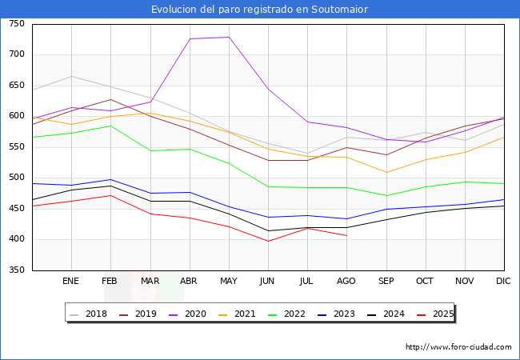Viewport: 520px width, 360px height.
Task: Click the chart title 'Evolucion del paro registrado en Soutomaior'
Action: [260, 10]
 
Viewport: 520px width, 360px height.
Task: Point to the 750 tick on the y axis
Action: [16, 24]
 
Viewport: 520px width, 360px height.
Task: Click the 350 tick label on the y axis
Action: [16, 270]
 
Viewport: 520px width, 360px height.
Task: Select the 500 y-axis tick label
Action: [16, 178]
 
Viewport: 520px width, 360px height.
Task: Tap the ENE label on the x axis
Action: [71, 282]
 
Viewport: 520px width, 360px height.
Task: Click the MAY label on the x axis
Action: [229, 282]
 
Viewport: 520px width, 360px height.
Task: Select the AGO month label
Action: [346, 282]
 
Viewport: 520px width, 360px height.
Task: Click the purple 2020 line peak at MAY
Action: [229, 37]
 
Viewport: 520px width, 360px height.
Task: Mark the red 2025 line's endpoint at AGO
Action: [346, 235]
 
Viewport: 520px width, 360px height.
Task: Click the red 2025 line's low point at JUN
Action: [268, 241]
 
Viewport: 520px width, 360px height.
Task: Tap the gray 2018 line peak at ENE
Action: [71, 77]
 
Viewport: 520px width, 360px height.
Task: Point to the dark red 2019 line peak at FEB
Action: [110, 100]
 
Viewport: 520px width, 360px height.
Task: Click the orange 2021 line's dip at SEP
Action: [386, 172]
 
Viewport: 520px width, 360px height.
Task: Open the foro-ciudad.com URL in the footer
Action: [458, 347]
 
